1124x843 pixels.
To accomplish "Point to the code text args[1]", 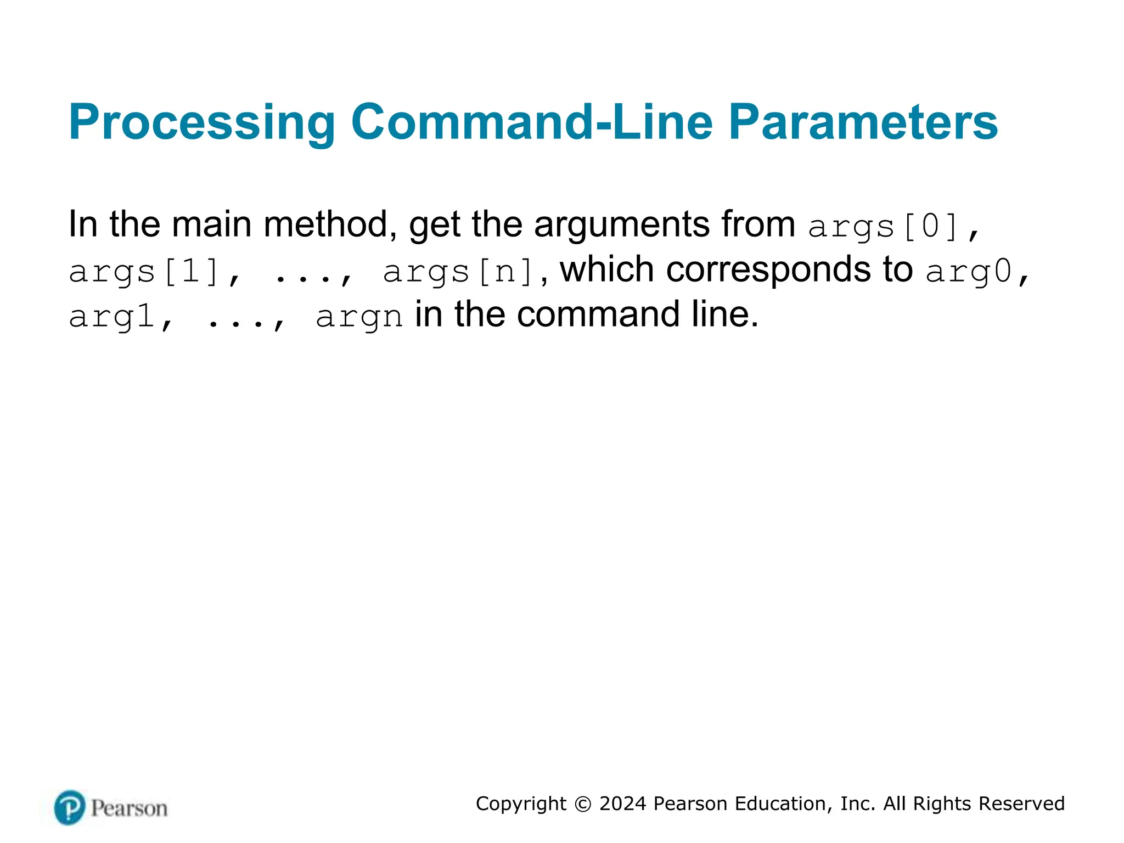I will [x=144, y=271].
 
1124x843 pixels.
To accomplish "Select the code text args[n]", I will [x=458, y=271].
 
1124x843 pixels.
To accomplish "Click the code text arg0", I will [x=968, y=271].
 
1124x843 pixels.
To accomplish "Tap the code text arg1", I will [x=111, y=316].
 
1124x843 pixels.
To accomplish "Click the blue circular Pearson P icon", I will [x=70, y=807].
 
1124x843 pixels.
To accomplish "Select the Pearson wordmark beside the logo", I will [x=129, y=808].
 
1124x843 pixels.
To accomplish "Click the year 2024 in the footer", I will [x=622, y=803].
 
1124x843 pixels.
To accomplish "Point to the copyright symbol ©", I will [x=583, y=804].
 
